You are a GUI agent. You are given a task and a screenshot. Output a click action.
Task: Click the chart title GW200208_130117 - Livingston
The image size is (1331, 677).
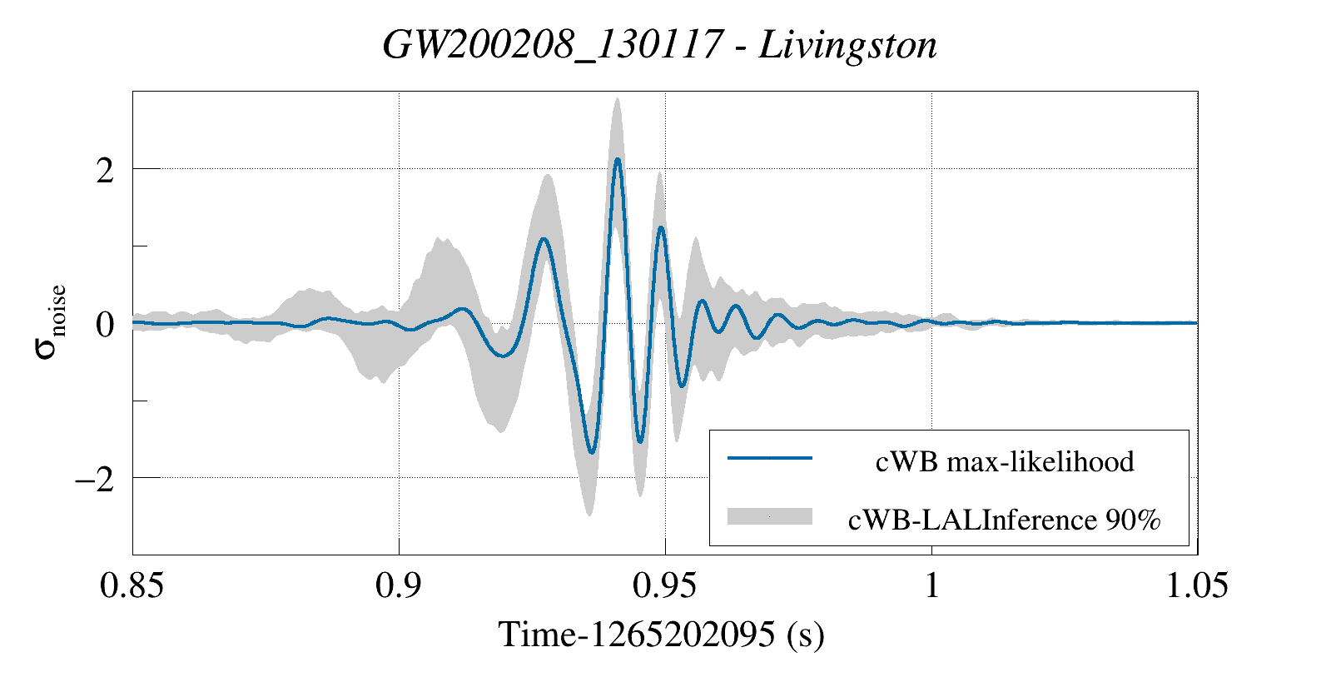point(659,45)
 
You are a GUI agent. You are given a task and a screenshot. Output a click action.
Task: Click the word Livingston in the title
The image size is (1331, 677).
point(847,45)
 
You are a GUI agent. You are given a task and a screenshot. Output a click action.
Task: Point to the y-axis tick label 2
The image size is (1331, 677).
point(105,170)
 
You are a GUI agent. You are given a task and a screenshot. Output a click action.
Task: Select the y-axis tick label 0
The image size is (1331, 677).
point(105,325)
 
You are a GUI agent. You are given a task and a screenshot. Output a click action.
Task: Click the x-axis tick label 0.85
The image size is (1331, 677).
point(132,585)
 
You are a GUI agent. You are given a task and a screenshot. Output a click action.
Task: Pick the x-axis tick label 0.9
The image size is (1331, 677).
point(399,585)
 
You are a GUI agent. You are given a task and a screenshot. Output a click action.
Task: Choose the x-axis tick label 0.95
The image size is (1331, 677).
point(664,585)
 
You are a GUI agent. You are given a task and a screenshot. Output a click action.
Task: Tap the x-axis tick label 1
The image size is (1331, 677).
point(931,585)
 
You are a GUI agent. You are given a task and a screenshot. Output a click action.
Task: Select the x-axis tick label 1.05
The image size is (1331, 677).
point(1197,585)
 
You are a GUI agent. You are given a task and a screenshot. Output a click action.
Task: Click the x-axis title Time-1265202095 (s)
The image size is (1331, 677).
point(662,635)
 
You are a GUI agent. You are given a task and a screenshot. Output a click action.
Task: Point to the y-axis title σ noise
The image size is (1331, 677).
point(50,321)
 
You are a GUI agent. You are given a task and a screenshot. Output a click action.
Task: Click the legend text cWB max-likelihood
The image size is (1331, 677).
point(1005,461)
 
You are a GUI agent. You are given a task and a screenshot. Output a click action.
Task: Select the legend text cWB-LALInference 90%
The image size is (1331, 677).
point(1004,520)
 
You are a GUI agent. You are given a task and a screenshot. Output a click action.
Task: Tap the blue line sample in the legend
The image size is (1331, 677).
point(770,458)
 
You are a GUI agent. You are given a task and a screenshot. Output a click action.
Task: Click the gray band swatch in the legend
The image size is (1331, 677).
point(770,516)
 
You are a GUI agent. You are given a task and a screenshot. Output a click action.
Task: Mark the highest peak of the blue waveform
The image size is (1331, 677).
point(617,159)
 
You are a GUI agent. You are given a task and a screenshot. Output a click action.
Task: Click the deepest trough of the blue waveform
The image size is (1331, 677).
point(591,452)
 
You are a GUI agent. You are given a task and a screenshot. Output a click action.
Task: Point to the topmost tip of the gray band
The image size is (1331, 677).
point(617,98)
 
